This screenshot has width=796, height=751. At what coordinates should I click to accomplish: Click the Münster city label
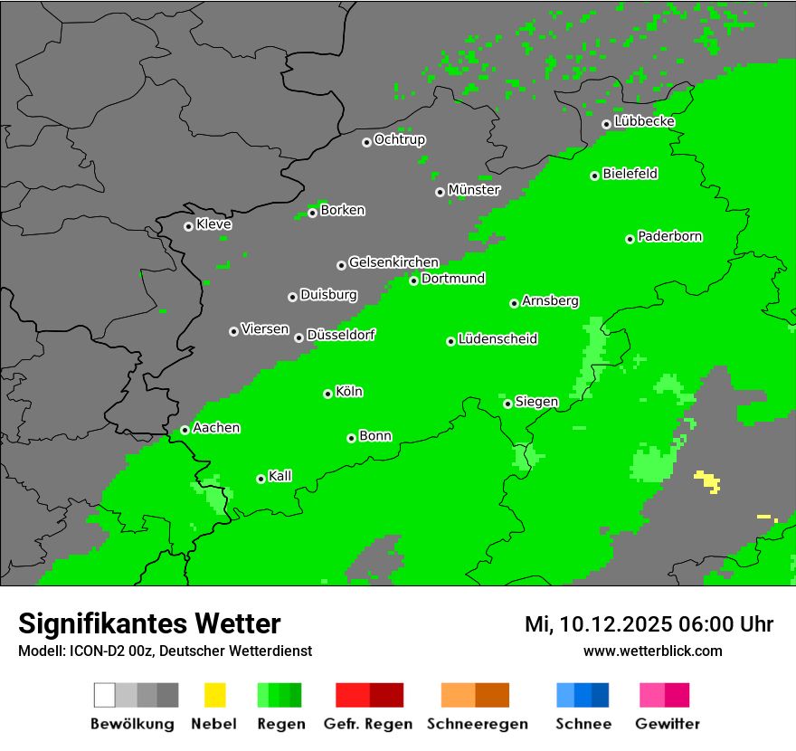click(473, 190)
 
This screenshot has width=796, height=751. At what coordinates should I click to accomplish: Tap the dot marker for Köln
click(327, 394)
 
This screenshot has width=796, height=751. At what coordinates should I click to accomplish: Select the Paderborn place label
click(669, 236)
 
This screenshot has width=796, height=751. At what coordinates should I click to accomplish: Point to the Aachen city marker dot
click(185, 430)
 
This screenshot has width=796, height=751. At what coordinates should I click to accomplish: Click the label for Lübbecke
click(644, 121)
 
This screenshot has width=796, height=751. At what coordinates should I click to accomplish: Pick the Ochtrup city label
click(399, 139)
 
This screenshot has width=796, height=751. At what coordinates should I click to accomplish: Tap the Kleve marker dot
click(188, 226)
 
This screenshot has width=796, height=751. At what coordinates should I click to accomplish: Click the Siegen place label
click(536, 402)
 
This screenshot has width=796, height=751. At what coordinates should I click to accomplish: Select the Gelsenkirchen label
click(393, 262)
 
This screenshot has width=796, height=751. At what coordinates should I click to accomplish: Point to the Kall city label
click(280, 476)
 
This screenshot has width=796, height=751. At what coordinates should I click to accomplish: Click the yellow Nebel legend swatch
click(214, 695)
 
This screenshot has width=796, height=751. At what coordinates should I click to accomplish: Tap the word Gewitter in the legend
click(667, 724)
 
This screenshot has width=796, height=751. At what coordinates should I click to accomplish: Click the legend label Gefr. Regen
click(367, 724)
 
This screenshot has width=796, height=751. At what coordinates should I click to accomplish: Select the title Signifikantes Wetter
click(149, 623)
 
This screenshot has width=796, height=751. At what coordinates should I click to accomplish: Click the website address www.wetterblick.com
click(652, 651)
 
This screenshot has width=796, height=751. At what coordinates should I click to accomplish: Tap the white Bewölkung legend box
click(105, 695)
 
